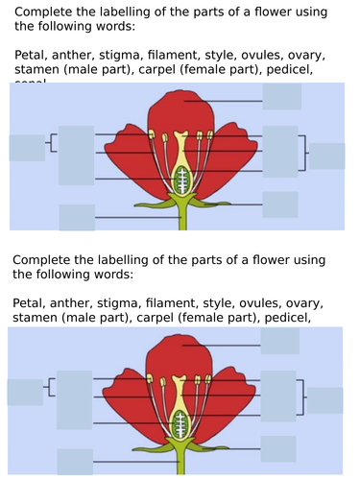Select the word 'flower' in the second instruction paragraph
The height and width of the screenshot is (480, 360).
(259, 259)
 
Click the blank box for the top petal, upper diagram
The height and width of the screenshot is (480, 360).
(281, 97)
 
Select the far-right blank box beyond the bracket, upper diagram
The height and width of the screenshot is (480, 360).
(326, 156)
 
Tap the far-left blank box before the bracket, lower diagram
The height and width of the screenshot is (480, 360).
(24, 392)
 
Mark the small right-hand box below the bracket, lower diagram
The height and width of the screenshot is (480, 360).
(279, 448)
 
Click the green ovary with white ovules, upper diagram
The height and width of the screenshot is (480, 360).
(180, 178)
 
